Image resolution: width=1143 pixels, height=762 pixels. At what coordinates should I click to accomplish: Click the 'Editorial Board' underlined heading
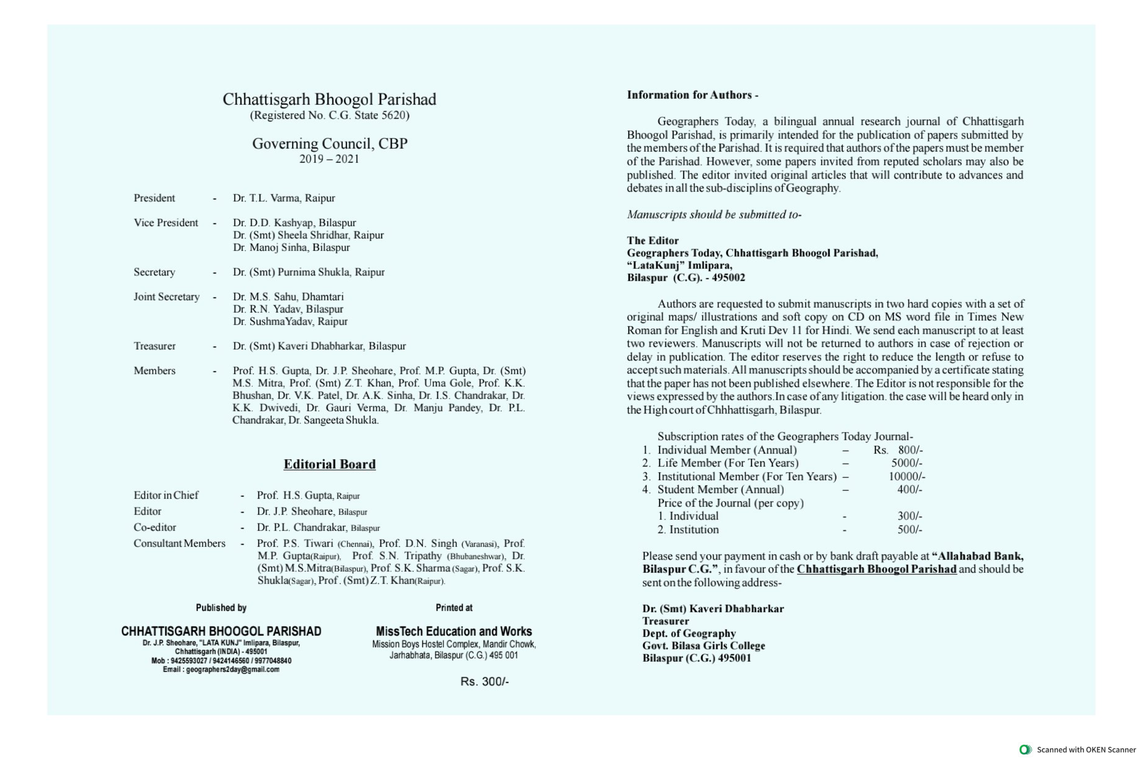click(330, 464)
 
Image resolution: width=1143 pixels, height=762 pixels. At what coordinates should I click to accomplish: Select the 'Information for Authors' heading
click(692, 95)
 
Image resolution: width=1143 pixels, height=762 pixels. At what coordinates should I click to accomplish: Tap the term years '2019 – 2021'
click(329, 159)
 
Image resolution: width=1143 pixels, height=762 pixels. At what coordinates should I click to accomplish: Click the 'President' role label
click(154, 198)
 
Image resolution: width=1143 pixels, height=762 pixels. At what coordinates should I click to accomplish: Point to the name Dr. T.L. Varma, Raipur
click(284, 198)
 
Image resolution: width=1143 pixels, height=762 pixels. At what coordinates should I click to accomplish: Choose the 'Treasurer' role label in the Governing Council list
click(154, 346)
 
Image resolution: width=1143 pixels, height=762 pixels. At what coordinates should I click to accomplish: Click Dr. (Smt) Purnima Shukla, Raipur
click(309, 272)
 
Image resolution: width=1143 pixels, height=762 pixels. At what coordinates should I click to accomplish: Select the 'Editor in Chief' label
click(166, 495)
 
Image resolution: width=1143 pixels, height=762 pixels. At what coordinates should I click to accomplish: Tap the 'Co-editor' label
click(154, 527)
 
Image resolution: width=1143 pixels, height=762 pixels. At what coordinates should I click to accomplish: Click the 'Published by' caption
click(221, 608)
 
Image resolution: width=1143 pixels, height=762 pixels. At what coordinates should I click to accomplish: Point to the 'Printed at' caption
click(454, 608)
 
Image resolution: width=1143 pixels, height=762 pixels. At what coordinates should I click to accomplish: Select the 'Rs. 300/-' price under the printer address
click(484, 681)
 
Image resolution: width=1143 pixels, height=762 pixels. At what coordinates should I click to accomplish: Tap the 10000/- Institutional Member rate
click(906, 476)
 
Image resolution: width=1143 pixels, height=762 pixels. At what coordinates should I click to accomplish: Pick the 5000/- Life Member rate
click(906, 462)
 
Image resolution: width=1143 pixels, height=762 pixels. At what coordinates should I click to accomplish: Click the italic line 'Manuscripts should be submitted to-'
click(714, 214)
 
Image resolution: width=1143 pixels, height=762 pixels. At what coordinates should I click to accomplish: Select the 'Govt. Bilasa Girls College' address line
click(703, 645)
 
